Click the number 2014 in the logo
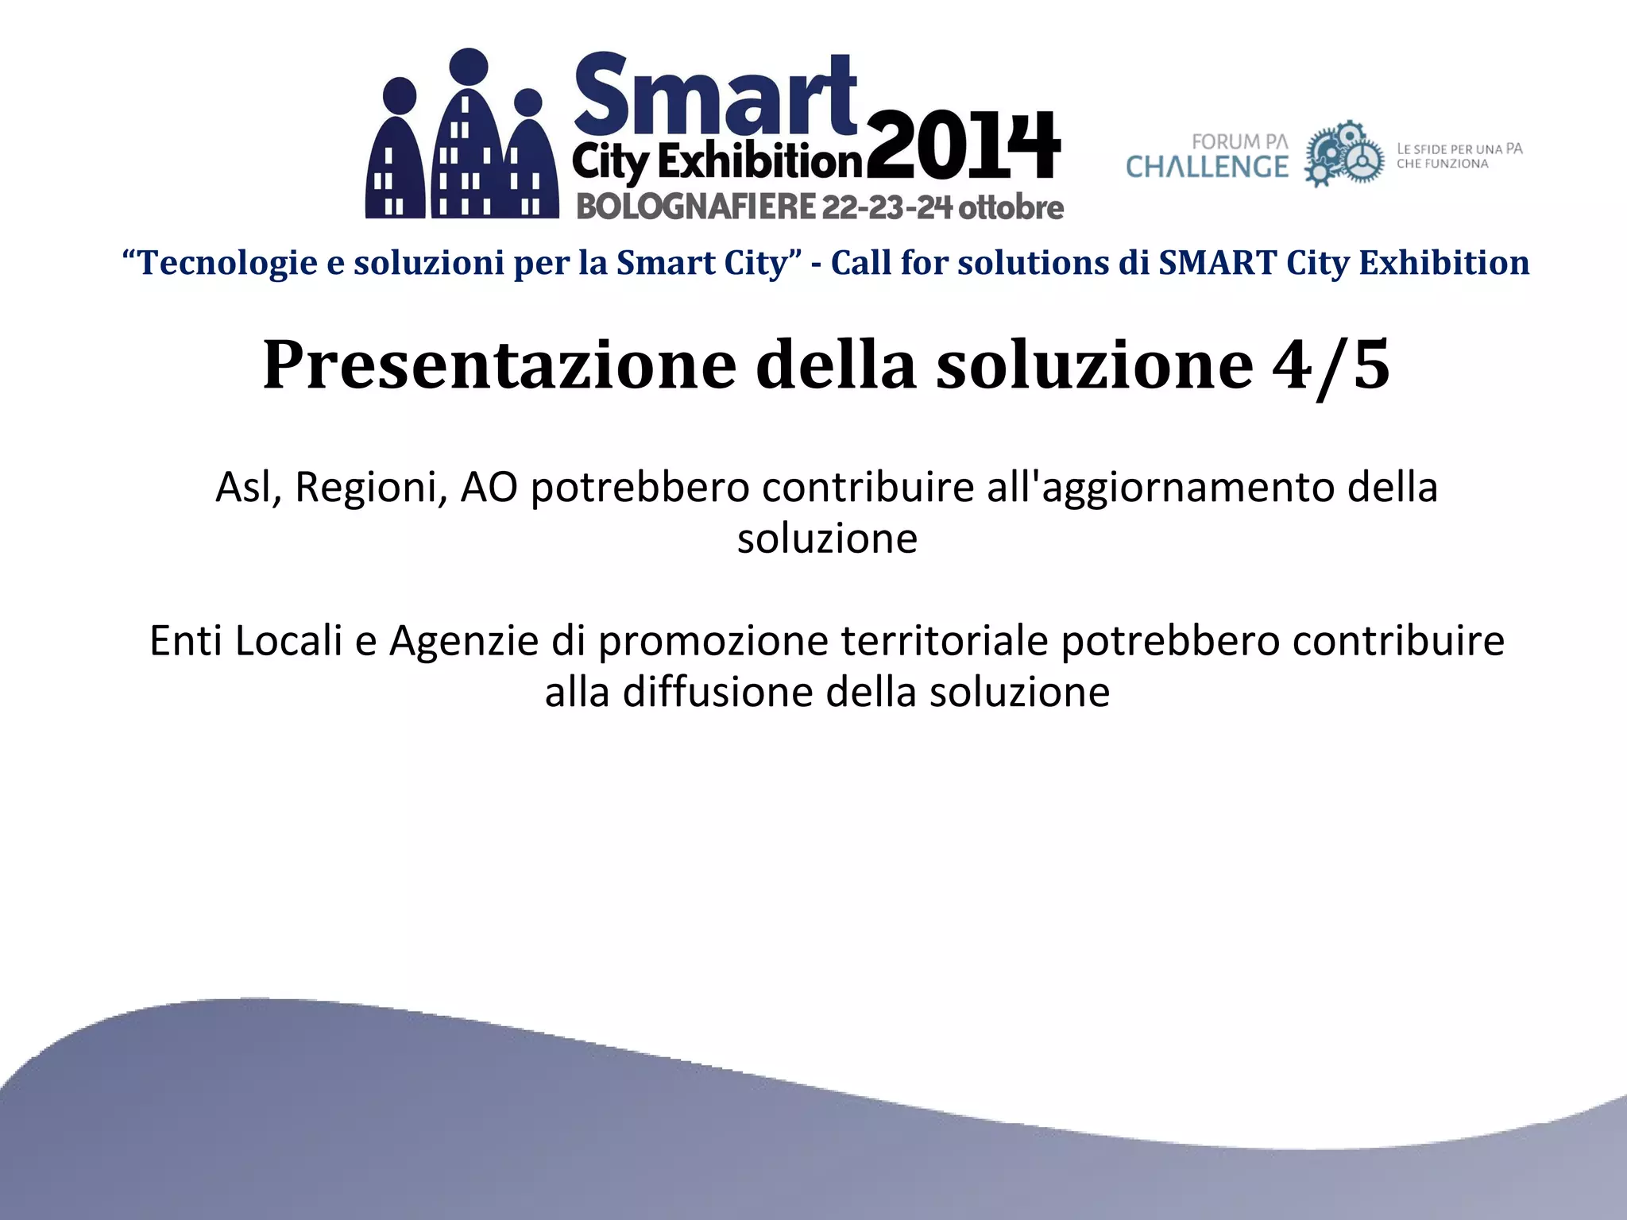pos(963,147)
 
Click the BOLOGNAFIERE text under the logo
pos(696,207)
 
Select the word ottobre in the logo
pos(1011,207)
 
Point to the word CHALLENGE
pos(1207,168)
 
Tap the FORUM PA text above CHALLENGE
pos(1239,142)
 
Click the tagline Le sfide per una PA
pos(1459,149)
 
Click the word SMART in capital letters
pos(1217,263)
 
